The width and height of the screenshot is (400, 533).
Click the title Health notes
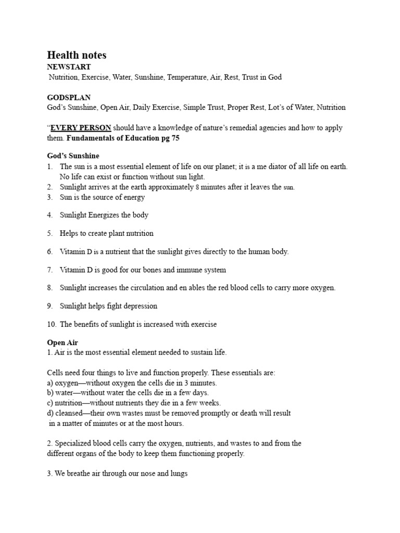click(x=77, y=55)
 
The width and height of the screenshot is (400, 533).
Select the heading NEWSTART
click(x=69, y=67)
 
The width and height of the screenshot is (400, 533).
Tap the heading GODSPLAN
click(x=69, y=97)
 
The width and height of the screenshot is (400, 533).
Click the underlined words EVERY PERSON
click(x=81, y=128)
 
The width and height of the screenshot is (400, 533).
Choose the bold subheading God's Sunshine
click(x=73, y=156)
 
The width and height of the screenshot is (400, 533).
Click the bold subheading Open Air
click(x=62, y=342)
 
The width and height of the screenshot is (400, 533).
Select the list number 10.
click(x=51, y=324)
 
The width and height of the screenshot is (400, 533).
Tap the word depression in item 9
click(x=139, y=306)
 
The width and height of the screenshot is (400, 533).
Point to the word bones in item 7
click(x=164, y=270)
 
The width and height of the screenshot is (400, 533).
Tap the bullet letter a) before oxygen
click(x=51, y=383)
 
